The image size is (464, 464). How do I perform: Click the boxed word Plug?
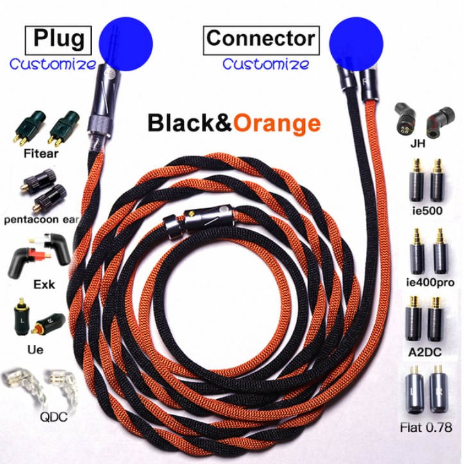coord(58,39)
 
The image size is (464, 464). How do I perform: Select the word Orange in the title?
coord(277,122)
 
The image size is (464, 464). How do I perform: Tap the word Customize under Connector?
coord(265,64)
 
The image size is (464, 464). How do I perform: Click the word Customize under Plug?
coord(53,64)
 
